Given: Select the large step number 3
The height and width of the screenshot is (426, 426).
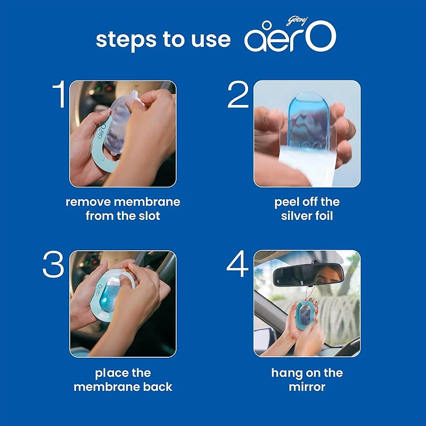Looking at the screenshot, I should [53, 265].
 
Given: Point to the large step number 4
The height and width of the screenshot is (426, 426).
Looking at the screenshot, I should [238, 265].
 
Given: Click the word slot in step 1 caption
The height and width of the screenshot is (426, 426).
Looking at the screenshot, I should [149, 217].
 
